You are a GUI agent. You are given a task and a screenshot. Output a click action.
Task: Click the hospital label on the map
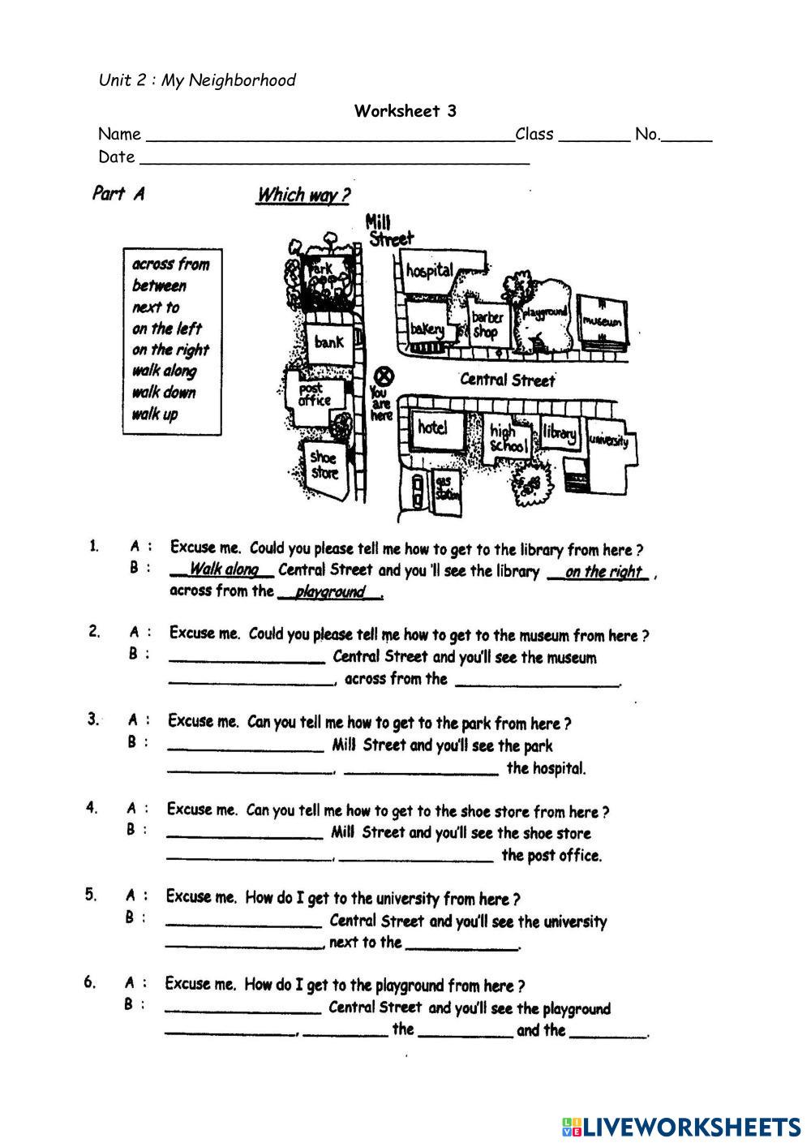click(x=430, y=270)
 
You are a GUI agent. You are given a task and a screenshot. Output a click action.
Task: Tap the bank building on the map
click(x=329, y=342)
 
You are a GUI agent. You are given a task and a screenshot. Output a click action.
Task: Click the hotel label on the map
click(x=432, y=427)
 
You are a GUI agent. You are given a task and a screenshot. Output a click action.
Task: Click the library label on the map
click(x=560, y=434)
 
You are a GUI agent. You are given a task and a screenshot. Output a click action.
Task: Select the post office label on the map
click(x=314, y=395)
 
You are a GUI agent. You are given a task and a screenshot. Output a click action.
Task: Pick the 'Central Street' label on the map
click(x=507, y=380)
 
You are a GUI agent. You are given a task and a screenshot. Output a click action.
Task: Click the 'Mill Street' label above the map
click(x=389, y=230)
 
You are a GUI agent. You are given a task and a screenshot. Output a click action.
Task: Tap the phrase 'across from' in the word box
click(x=170, y=264)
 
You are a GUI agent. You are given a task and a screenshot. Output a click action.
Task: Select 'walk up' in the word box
click(x=154, y=415)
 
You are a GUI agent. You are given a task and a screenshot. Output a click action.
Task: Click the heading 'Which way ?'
click(x=303, y=195)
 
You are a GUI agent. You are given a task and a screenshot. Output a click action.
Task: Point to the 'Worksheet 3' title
click(x=405, y=111)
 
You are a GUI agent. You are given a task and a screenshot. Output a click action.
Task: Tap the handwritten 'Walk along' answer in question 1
click(x=224, y=569)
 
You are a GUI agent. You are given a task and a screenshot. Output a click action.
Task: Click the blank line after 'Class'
click(x=594, y=136)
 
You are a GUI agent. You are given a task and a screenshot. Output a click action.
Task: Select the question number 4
click(x=92, y=807)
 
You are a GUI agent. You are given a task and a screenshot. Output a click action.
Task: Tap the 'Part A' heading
click(x=118, y=193)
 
